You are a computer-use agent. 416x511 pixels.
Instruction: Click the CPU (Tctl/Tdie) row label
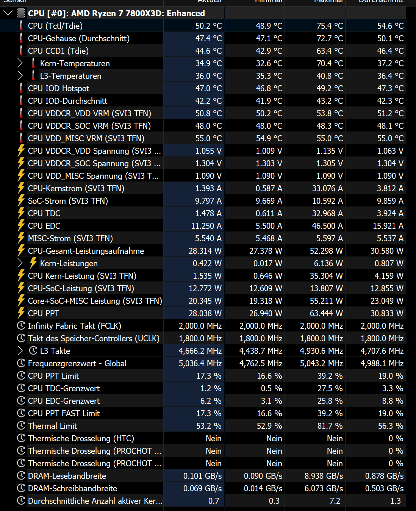[x=55, y=26]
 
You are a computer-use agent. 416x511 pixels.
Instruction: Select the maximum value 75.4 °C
[x=330, y=26]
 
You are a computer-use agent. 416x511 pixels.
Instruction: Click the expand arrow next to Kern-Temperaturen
[x=20, y=63]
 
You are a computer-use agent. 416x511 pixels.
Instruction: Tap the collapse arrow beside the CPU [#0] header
[x=8, y=13]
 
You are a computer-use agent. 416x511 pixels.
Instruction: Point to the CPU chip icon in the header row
[x=22, y=13]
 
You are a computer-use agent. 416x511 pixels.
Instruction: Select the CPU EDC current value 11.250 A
[x=206, y=226]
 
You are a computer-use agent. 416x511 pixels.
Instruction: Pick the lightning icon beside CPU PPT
[x=21, y=313]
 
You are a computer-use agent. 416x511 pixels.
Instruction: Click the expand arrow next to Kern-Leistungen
[x=20, y=263]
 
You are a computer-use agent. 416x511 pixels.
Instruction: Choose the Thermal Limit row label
[x=52, y=426]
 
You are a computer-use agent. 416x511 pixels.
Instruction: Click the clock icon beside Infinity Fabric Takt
[x=21, y=326]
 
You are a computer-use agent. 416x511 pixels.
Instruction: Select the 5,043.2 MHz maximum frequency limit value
[x=321, y=363]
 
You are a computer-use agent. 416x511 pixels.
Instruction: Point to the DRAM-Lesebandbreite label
[x=67, y=476]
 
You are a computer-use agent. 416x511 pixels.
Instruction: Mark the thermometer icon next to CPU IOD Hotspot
[x=21, y=88]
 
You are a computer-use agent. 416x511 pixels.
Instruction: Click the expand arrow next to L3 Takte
[x=20, y=351]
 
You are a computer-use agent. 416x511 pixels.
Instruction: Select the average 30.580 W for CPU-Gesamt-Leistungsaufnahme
[x=387, y=251]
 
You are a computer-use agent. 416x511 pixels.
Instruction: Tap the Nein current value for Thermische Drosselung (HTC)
[x=213, y=438]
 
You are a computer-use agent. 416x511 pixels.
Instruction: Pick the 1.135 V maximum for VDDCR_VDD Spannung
[x=330, y=151]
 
